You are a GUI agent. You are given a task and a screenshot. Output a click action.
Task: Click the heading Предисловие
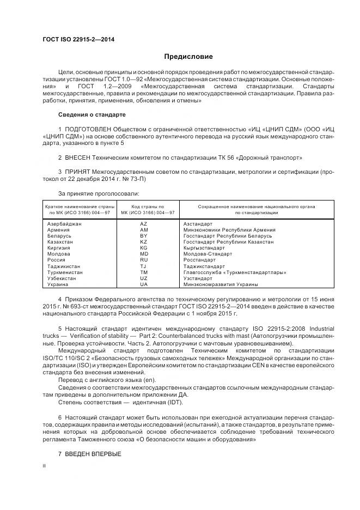(188, 57)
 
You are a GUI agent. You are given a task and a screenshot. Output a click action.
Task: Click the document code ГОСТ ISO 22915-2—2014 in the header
(78, 39)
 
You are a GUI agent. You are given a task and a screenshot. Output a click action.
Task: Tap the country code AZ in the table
(144, 224)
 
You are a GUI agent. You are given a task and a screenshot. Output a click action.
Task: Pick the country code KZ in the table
(144, 241)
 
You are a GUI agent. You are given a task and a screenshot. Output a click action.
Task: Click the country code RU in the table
(144, 260)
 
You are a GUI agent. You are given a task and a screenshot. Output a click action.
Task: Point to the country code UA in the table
(144, 284)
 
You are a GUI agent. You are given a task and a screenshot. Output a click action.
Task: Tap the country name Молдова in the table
(59, 254)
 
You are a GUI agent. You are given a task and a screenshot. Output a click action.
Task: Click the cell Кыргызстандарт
(204, 248)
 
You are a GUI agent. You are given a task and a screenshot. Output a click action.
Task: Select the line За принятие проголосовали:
(91, 193)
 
